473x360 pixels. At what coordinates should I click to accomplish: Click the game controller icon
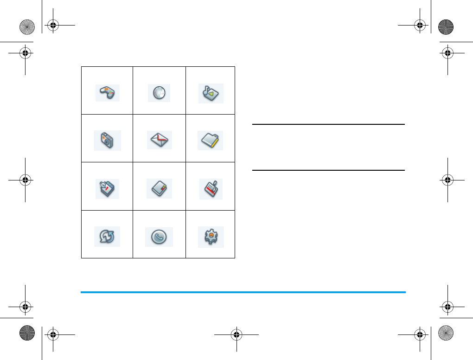(108, 93)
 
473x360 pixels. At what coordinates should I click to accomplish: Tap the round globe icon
(159, 93)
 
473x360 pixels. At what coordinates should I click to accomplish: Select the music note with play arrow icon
(211, 93)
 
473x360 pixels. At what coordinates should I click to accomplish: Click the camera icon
(108, 140)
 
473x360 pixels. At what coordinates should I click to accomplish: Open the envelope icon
(160, 140)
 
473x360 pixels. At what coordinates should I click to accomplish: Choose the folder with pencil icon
(211, 141)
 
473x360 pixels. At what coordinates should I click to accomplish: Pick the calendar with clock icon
(107, 189)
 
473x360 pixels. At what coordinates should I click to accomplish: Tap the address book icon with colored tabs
(160, 189)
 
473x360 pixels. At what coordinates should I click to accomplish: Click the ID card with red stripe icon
(211, 189)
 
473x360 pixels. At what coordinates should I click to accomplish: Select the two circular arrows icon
(107, 237)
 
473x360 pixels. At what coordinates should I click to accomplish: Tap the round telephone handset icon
(159, 237)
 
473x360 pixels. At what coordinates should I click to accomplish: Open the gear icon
(211, 237)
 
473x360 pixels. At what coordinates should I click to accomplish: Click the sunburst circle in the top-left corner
(27, 26)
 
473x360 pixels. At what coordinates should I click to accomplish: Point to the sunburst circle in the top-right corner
(446, 26)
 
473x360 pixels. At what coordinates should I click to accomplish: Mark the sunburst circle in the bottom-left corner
(27, 333)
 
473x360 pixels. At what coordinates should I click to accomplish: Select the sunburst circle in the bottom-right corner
(446, 333)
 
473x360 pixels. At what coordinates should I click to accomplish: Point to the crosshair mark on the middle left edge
(25, 180)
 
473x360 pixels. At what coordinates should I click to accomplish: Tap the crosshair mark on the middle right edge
(447, 180)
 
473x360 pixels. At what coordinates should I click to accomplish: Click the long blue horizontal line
(243, 292)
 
